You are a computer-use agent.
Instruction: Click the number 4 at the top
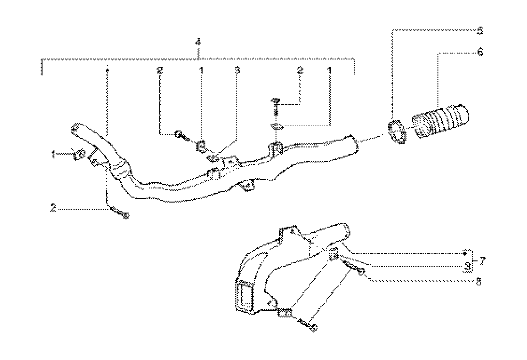coord(197,42)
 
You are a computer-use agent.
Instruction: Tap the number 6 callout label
coord(480,52)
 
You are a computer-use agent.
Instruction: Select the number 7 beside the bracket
coord(482,261)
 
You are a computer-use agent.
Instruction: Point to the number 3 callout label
coord(237,70)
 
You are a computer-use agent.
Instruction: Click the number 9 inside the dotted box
coord(467,266)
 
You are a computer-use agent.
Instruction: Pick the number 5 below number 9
coord(479,281)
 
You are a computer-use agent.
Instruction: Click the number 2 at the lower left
coord(53,208)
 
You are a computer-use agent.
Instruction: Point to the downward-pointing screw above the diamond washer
coord(275,104)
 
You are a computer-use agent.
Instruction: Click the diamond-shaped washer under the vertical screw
coord(277,126)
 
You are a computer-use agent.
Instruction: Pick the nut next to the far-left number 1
coord(79,155)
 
